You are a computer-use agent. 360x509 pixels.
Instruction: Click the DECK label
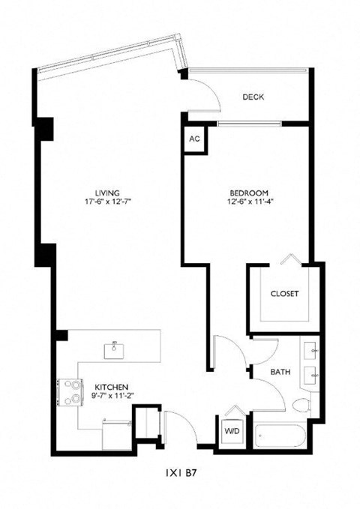click(253, 97)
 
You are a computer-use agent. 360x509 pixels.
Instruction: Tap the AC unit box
click(194, 139)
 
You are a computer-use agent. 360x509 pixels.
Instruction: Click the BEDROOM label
click(248, 191)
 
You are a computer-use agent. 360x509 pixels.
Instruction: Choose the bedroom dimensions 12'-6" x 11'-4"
click(248, 201)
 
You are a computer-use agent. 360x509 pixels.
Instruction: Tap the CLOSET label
click(284, 293)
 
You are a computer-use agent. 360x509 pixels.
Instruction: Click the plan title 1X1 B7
click(179, 474)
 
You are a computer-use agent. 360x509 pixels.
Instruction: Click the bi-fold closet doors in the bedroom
click(289, 260)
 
